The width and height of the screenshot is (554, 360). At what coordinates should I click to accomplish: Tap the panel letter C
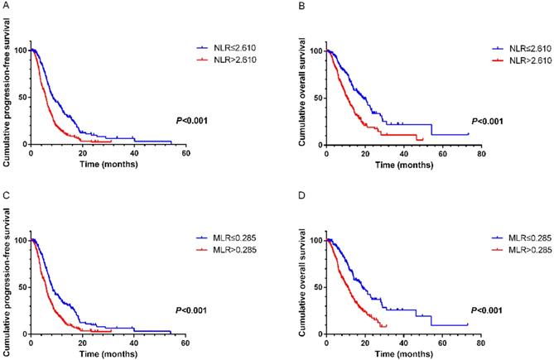pos(6,194)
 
